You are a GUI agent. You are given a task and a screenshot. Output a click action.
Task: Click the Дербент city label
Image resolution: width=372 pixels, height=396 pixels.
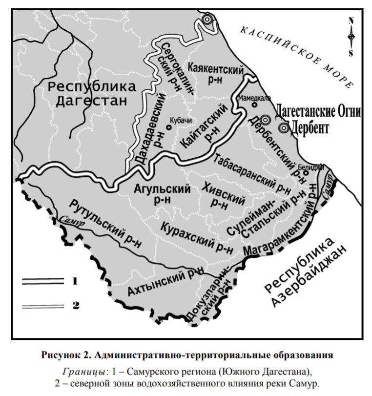(x=310, y=129)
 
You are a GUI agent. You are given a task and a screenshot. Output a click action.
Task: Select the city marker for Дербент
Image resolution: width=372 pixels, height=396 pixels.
(x=284, y=128)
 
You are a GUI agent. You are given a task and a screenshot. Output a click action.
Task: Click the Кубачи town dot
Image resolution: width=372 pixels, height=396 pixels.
(x=168, y=127)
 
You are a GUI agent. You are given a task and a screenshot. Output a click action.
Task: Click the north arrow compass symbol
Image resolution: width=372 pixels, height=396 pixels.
(x=351, y=37)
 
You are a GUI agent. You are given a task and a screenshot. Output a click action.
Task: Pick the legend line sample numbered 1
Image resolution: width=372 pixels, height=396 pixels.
(x=43, y=281)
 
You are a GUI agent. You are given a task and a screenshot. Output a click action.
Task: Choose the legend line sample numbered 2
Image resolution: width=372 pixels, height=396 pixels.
(x=43, y=306)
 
